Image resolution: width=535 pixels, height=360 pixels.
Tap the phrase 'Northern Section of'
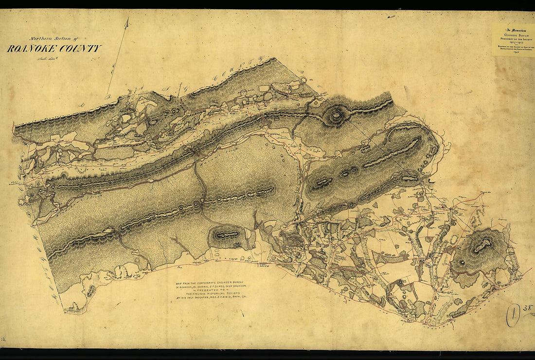(x=50, y=39)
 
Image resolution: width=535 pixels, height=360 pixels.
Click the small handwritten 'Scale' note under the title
(x=46, y=59)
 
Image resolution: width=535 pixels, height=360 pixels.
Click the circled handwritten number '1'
(x=512, y=317)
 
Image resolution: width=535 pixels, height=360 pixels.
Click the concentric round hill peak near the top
(x=335, y=115)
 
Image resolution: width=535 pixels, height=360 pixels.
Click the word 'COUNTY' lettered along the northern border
(x=238, y=70)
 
